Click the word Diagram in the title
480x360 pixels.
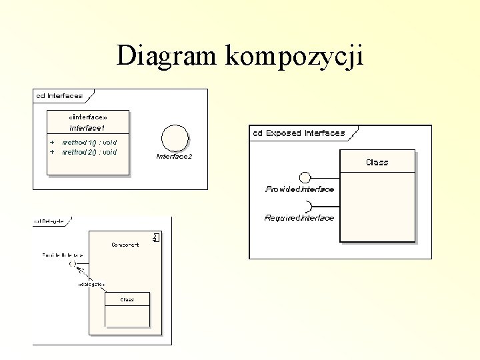coord(168,56)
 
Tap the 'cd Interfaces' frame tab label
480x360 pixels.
coord(59,95)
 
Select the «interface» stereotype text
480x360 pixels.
coord(89,116)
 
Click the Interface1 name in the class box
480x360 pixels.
coord(88,127)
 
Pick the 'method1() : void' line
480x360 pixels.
coord(89,142)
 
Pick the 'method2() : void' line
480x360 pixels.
coord(89,152)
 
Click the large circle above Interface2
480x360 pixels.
coord(175,138)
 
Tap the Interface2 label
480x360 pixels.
coord(174,157)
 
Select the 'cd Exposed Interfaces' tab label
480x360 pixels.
coord(299,133)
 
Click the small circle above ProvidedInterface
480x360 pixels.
coord(305,177)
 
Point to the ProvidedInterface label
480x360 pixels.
coord(299,189)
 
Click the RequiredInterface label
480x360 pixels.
coord(299,218)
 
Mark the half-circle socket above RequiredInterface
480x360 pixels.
coord(307,207)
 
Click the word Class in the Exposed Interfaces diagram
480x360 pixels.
coord(377,162)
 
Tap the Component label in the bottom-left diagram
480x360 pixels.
coord(125,245)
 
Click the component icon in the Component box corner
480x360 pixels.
coord(156,237)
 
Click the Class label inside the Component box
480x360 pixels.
coord(127,300)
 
